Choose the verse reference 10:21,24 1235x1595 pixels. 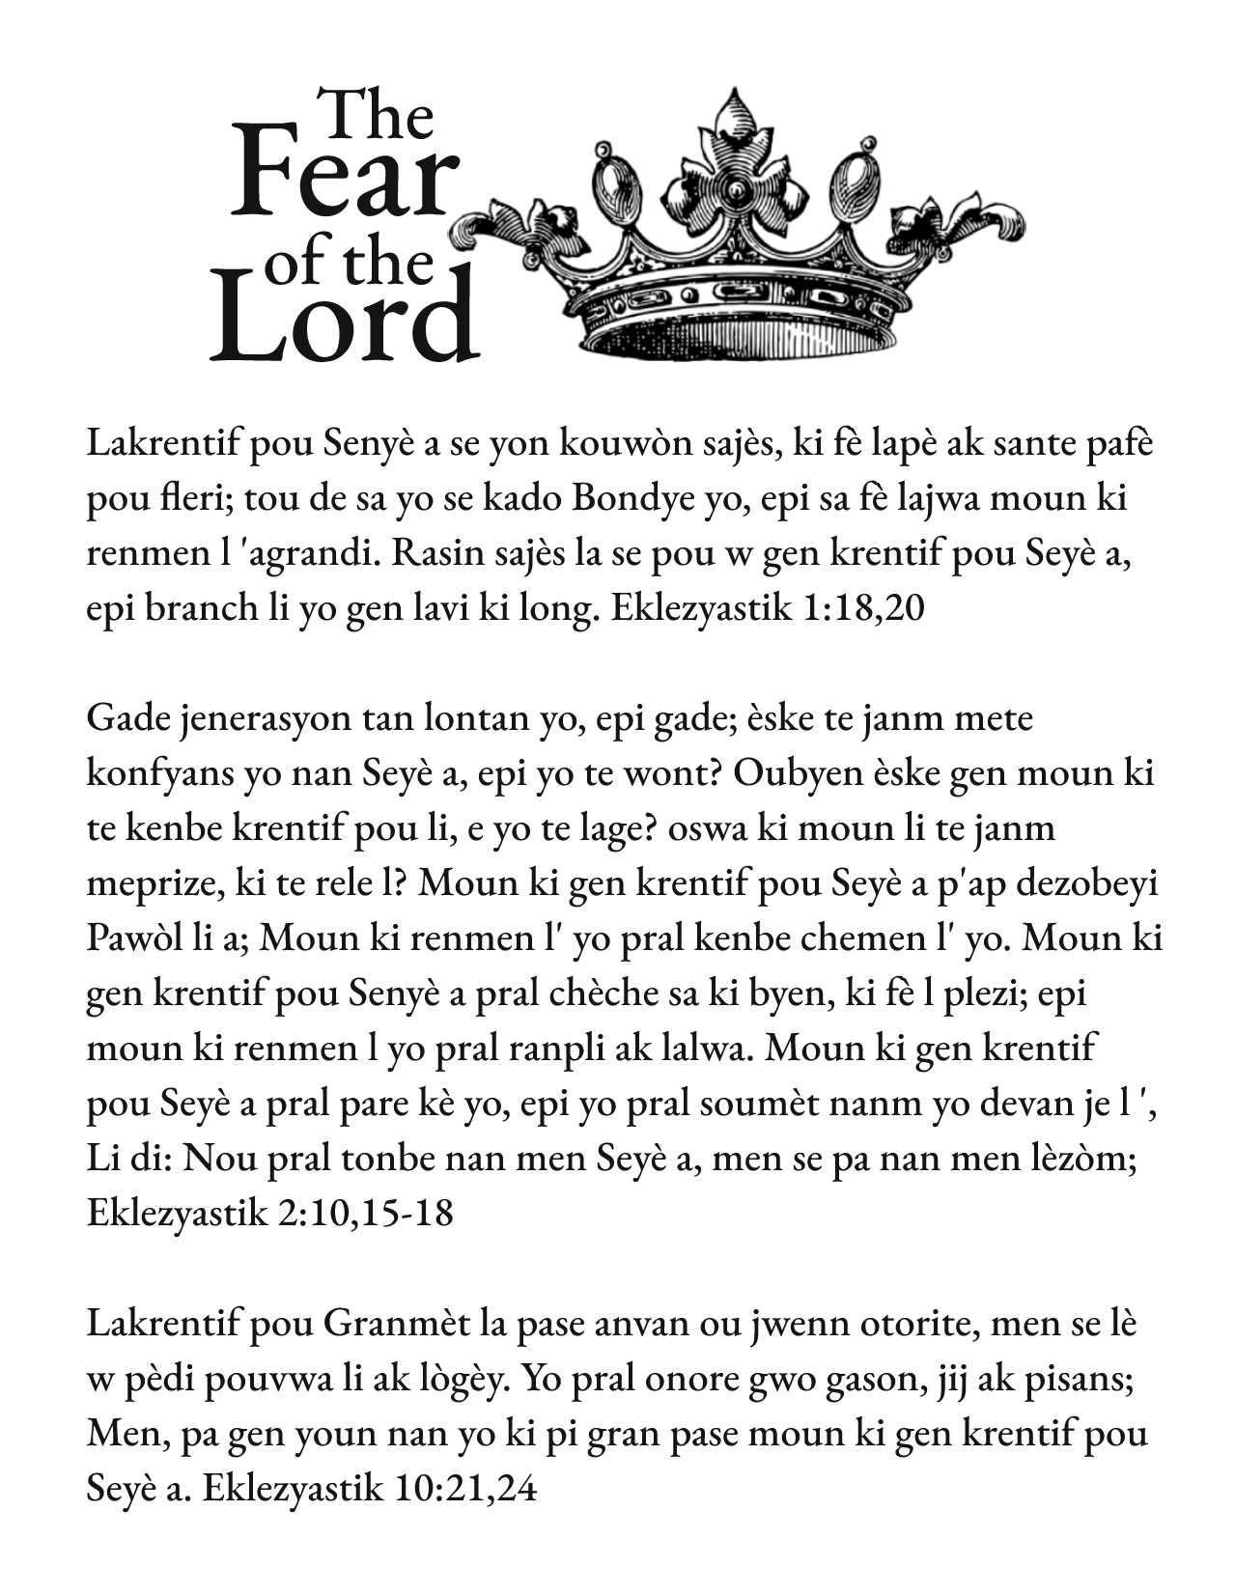pyautogui.click(x=464, y=1488)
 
